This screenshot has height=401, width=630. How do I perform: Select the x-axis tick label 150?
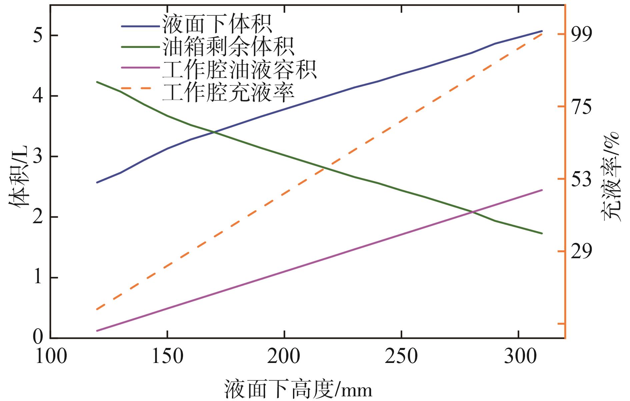tap(167, 356)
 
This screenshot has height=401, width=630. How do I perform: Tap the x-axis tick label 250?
tap(401, 356)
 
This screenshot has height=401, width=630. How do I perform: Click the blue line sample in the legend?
tap(140, 26)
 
